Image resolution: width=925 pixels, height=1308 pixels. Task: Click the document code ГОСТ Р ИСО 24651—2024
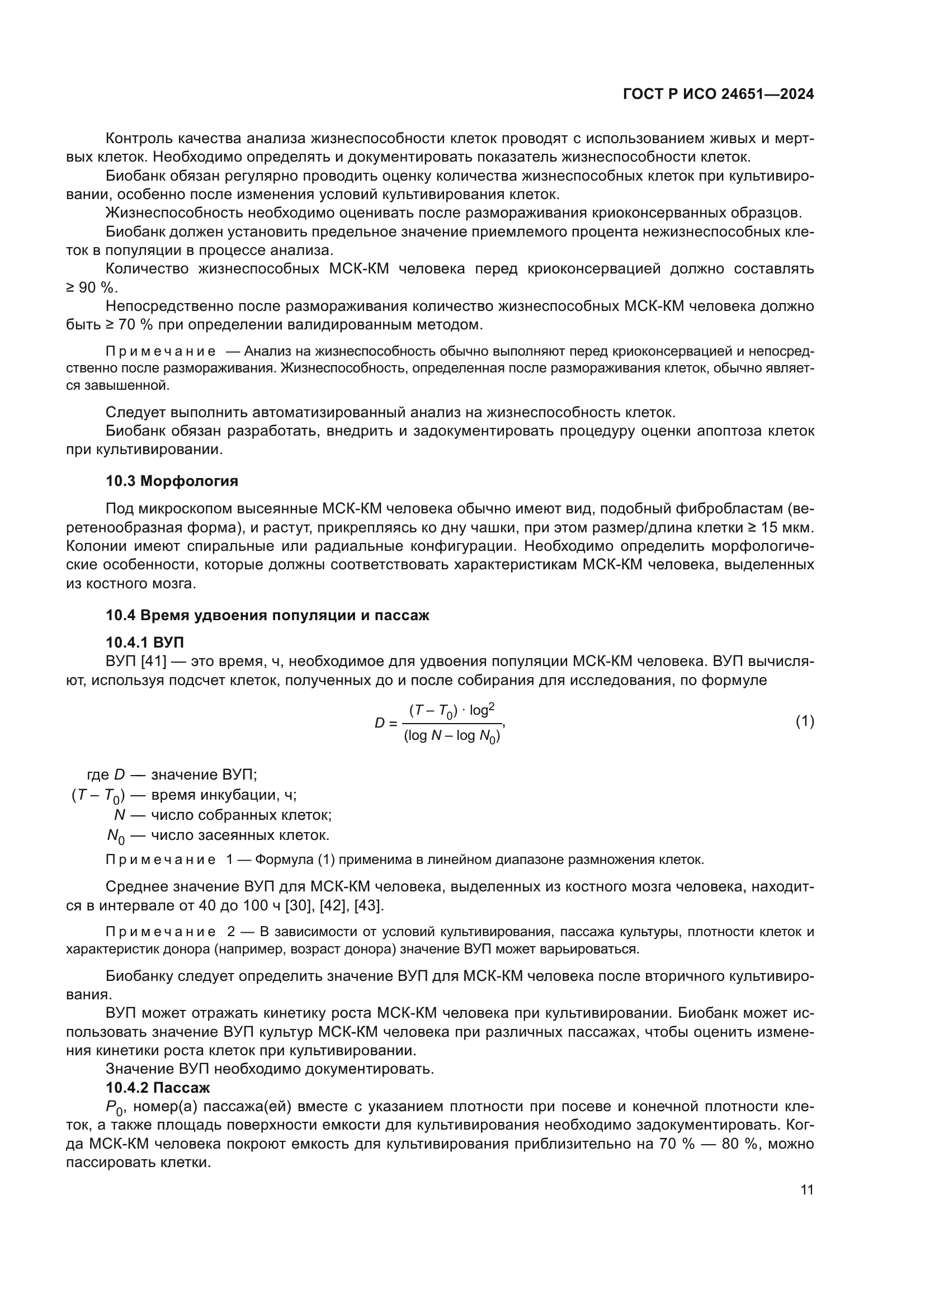[718, 94]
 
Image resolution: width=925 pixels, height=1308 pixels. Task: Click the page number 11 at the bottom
[806, 1190]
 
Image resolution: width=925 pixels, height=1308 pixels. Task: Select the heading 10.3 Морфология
[172, 481]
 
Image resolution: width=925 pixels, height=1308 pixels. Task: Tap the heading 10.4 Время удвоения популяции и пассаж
[267, 615]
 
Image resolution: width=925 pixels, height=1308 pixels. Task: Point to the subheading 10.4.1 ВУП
[145, 643]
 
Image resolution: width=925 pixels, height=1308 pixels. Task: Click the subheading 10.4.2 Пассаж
[158, 1088]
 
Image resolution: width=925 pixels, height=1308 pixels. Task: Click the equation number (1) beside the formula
[804, 721]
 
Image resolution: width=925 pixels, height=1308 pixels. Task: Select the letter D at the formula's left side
[379, 724]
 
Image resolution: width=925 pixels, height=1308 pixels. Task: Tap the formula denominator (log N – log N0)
[452, 736]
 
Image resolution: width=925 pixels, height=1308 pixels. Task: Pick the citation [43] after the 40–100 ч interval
[369, 905]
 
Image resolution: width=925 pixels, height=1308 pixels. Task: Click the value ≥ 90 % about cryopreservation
[91, 287]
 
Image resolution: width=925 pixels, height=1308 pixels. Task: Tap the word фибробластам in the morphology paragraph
[735, 509]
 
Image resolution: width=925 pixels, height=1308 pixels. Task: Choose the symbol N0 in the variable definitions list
[116, 836]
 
